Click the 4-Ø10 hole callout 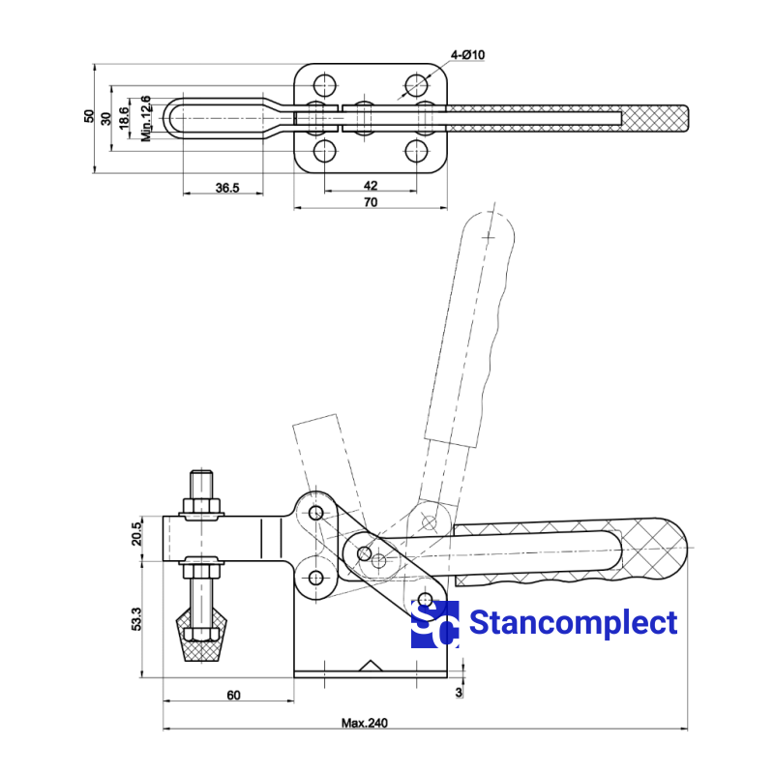coord(467,55)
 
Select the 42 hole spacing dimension coord(370,184)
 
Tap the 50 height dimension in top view coord(90,116)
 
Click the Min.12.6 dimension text coord(146,118)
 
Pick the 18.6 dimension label coord(124,118)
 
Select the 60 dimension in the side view coord(233,695)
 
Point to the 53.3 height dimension coord(136,619)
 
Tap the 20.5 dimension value coord(136,532)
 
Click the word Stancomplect coord(573,623)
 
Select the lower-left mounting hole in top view coord(325,151)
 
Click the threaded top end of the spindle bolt coord(200,481)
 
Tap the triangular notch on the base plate coord(370,667)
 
